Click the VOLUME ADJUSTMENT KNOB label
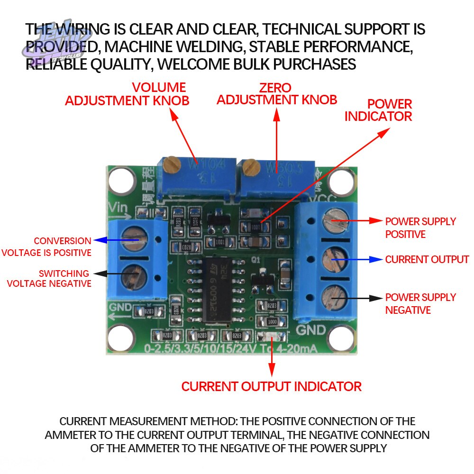[127, 94]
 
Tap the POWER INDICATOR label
[378, 110]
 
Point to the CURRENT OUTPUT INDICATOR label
[271, 386]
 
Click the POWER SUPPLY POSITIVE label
[420, 228]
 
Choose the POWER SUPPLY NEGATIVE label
[420, 303]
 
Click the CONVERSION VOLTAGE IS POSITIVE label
[46, 246]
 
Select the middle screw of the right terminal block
[332, 260]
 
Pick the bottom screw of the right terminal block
[332, 297]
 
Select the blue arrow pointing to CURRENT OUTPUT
[357, 259]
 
